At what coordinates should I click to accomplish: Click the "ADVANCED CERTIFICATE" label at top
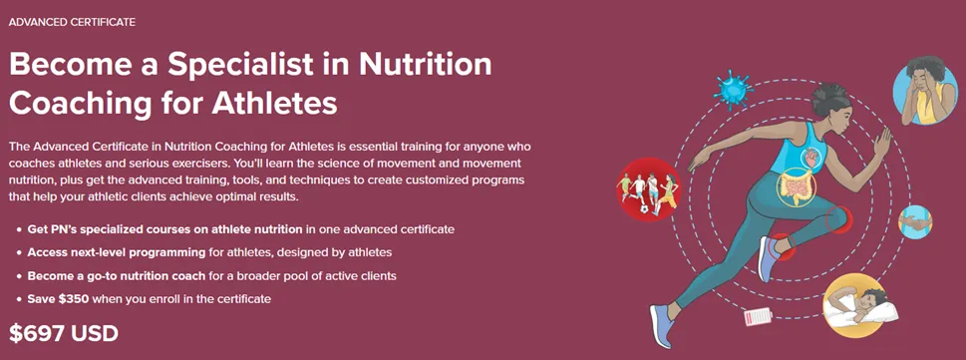click(72, 22)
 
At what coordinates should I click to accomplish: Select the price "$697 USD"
click(64, 333)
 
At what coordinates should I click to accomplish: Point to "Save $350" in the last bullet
click(59, 299)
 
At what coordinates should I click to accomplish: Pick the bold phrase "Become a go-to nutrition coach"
click(116, 275)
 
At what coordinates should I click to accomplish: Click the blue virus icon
click(733, 91)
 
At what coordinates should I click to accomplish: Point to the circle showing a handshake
click(915, 222)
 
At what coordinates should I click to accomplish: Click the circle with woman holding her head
click(925, 90)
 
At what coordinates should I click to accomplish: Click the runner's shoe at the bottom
click(662, 325)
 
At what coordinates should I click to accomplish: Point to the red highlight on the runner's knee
click(838, 220)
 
